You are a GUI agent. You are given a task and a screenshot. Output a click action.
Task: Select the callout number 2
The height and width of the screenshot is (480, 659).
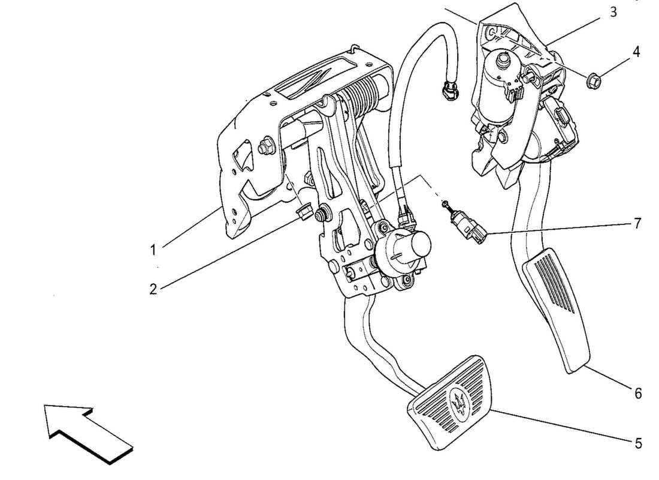pos(153,289)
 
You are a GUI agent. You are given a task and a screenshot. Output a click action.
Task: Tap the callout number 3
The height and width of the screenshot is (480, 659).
pos(613,12)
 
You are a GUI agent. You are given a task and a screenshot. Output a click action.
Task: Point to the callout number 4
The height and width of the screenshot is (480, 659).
pos(636,52)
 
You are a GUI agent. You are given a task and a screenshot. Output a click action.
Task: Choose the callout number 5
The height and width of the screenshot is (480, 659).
pos(638,443)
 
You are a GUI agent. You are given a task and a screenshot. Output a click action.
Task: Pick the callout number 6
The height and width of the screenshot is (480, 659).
pos(638,393)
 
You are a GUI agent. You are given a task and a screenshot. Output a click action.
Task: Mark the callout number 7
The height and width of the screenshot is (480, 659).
pos(637,224)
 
